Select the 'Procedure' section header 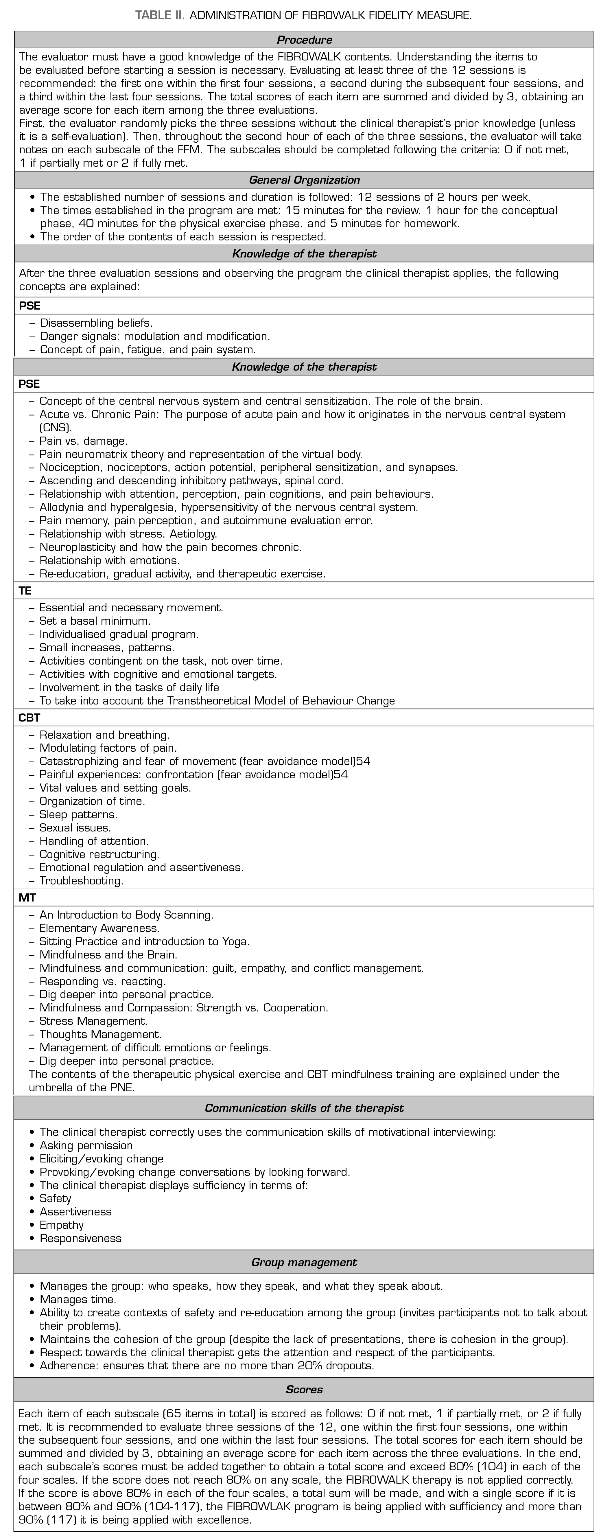[x=304, y=40]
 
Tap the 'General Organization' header [x=304, y=180]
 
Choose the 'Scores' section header [x=304, y=1389]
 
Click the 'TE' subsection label [x=25, y=590]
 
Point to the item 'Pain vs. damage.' [x=84, y=441]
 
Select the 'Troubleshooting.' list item [x=81, y=881]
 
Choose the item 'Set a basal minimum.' [x=95, y=621]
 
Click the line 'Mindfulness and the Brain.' [x=108, y=954]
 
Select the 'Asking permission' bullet [x=86, y=1145]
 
